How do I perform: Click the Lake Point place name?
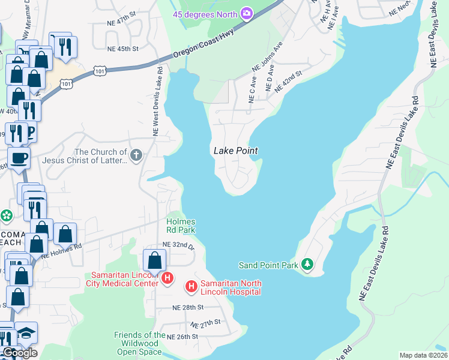(x=236, y=151)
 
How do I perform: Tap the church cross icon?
(x=136, y=157)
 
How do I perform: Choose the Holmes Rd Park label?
(x=181, y=226)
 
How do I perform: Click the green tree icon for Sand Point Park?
(x=307, y=264)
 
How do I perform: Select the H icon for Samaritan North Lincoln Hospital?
(x=191, y=287)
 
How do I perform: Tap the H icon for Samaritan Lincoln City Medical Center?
(x=167, y=279)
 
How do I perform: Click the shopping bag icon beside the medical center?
(x=155, y=260)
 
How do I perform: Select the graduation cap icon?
(x=26, y=332)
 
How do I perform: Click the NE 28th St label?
(x=188, y=307)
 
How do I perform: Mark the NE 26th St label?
(x=182, y=337)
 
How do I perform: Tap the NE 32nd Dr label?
(x=179, y=245)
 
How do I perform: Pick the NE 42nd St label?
(x=287, y=82)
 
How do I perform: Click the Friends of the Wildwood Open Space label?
(x=140, y=343)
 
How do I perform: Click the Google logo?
(x=20, y=353)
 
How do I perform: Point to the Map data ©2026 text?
(x=423, y=355)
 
